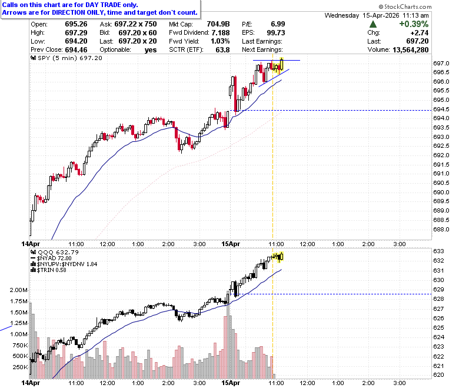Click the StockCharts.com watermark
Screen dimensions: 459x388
click(x=405, y=6)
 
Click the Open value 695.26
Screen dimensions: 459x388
click(x=76, y=24)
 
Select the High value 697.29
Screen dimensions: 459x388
click(x=76, y=32)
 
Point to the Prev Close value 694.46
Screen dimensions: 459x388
click(x=76, y=50)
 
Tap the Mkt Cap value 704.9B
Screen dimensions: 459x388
click(x=218, y=24)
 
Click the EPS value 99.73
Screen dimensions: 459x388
click(x=276, y=32)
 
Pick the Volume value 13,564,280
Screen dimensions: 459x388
click(x=410, y=50)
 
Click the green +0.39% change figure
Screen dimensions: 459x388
click(x=414, y=24)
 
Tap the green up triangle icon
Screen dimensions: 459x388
click(x=373, y=24)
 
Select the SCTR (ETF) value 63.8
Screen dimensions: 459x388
click(x=222, y=50)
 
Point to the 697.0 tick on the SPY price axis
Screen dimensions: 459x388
click(x=441, y=63)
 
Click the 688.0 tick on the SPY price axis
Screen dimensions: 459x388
click(x=441, y=229)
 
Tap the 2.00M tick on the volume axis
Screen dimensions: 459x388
click(x=18, y=290)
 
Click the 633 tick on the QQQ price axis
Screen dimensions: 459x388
click(x=438, y=251)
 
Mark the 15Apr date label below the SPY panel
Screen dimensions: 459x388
click(x=231, y=244)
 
